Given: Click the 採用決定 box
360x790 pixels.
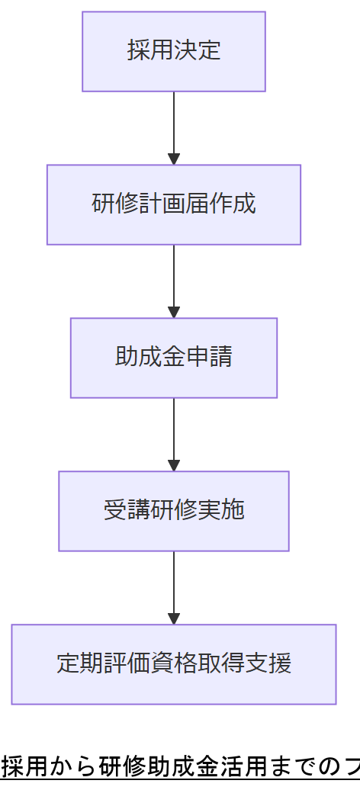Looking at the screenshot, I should [x=174, y=51].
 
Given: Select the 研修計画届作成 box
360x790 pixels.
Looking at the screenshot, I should [x=174, y=204].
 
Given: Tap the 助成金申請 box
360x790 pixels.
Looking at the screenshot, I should [x=174, y=358].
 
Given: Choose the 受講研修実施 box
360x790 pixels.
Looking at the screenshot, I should [x=174, y=511].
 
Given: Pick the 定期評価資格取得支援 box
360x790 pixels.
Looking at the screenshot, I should [x=174, y=664].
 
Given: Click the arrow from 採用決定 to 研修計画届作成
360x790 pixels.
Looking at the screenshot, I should [x=174, y=126].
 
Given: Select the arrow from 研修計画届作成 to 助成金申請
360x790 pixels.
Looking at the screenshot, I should [x=174, y=279].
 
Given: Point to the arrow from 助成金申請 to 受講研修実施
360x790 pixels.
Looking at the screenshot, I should [x=174, y=432].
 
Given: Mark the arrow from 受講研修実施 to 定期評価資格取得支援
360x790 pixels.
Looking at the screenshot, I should [x=174, y=586].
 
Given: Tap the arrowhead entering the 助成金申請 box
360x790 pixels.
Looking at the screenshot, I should [x=174, y=313].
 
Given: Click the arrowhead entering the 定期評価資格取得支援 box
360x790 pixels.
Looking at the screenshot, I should [x=174, y=619].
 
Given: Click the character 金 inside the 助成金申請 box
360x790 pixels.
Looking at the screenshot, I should [x=174, y=357].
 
